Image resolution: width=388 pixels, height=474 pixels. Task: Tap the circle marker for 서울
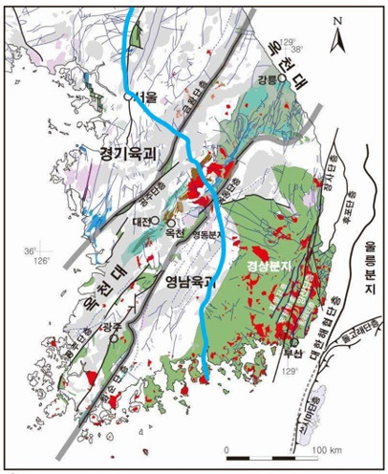(129, 97)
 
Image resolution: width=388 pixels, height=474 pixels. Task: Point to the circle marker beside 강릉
(282, 83)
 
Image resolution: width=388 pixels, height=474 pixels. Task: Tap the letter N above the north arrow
(337, 19)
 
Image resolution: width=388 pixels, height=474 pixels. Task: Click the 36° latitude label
(34, 250)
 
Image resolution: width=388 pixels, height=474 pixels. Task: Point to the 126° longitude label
(43, 260)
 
